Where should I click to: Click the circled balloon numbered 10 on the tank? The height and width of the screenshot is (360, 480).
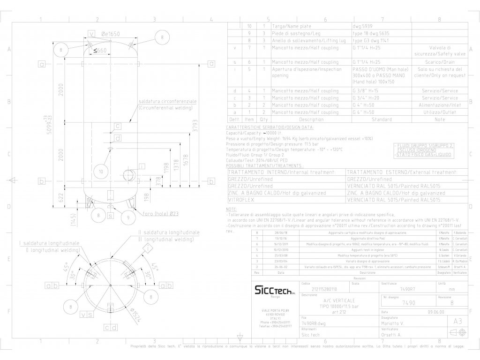click(x=101, y=172)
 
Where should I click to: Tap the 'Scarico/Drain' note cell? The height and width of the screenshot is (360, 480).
click(x=440, y=62)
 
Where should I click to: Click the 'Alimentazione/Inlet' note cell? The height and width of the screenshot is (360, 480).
click(x=440, y=105)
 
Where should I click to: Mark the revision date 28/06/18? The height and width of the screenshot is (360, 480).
click(x=281, y=232)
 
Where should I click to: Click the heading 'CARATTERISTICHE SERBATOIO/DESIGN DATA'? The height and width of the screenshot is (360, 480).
click(x=270, y=127)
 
